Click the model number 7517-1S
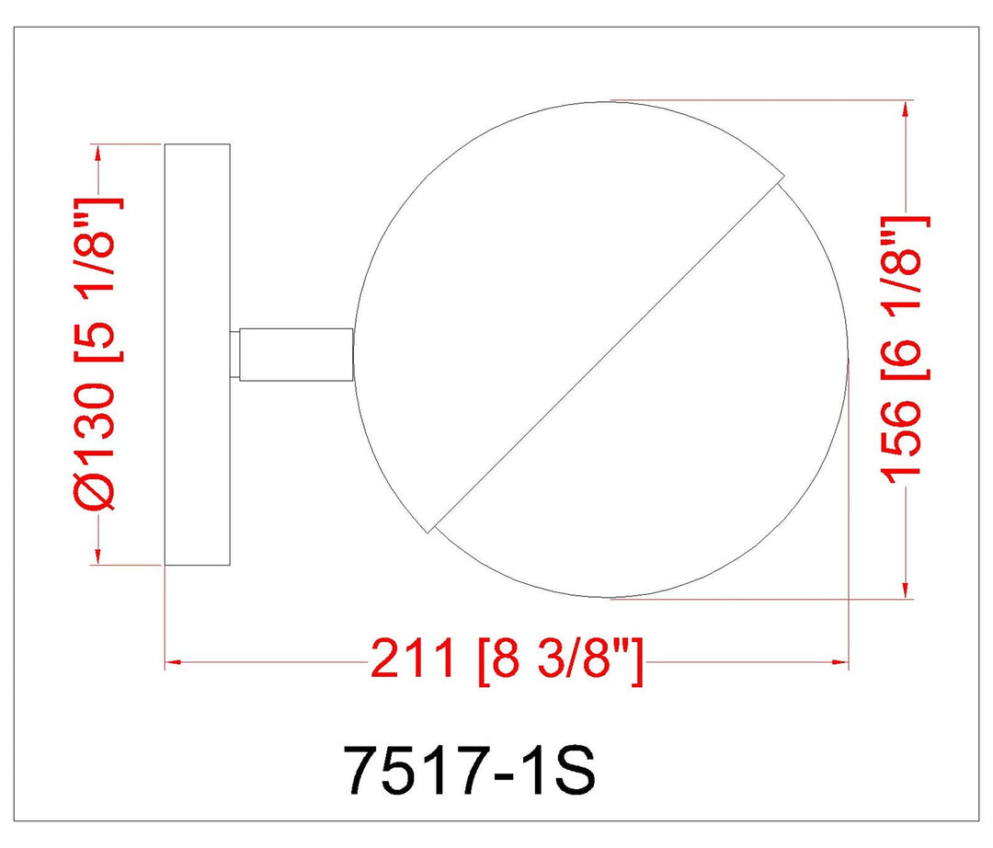click(x=472, y=771)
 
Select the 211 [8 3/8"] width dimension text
click(x=507, y=659)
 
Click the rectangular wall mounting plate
click(x=197, y=355)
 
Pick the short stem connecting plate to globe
click(x=296, y=355)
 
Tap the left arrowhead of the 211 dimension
click(x=173, y=662)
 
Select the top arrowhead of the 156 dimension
click(x=907, y=109)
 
